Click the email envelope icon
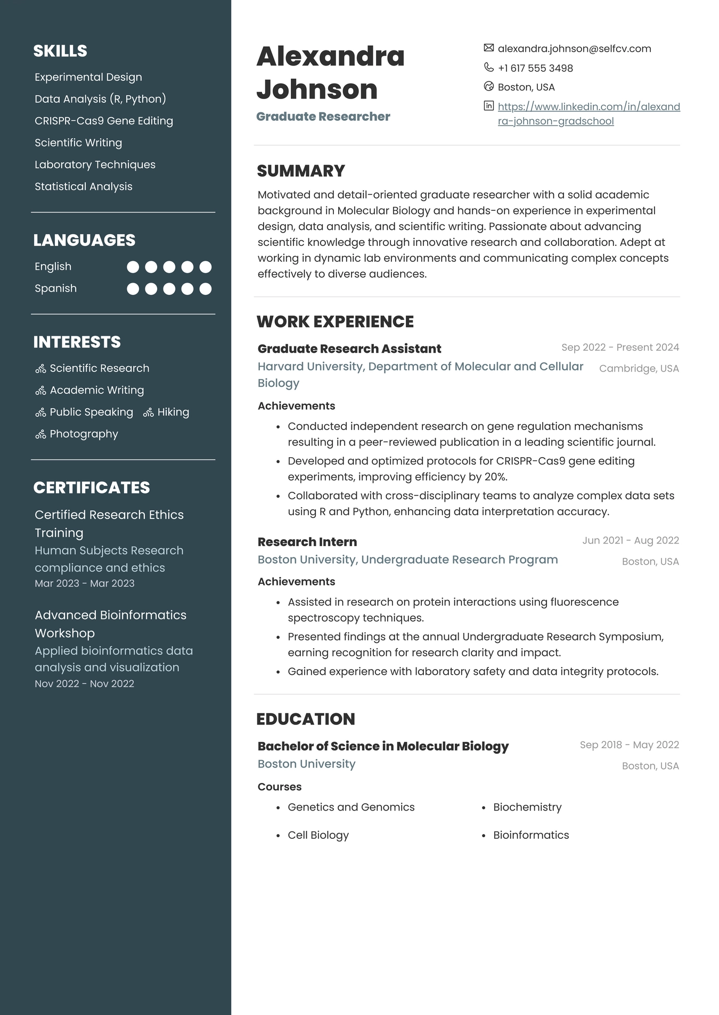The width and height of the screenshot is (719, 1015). (x=488, y=48)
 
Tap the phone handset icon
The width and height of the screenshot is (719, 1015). (x=488, y=67)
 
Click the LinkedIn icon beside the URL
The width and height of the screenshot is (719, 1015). (x=488, y=105)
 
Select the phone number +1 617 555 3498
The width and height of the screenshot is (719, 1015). (x=535, y=68)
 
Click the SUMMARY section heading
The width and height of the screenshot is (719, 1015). (x=301, y=171)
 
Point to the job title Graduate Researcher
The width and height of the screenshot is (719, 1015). (x=323, y=117)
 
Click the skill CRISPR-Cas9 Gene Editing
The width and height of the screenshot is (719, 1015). (x=104, y=121)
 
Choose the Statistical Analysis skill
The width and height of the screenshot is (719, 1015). (x=84, y=186)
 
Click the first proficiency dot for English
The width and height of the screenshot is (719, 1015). (x=133, y=267)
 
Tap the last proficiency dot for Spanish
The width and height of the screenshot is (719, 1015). (x=206, y=288)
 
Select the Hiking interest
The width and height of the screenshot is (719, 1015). (x=173, y=412)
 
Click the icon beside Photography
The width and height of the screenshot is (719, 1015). (x=40, y=434)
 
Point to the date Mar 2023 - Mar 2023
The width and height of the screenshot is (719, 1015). (x=85, y=583)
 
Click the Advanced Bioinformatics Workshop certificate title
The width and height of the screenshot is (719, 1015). (x=110, y=624)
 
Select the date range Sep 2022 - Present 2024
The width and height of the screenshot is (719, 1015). (x=620, y=348)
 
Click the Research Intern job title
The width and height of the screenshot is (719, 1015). (x=307, y=542)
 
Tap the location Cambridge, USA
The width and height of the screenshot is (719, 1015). (x=639, y=368)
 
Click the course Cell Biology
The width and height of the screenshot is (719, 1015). (x=318, y=835)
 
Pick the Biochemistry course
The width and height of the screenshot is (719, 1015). (x=527, y=807)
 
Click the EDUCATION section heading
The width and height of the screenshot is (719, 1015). (x=306, y=719)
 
